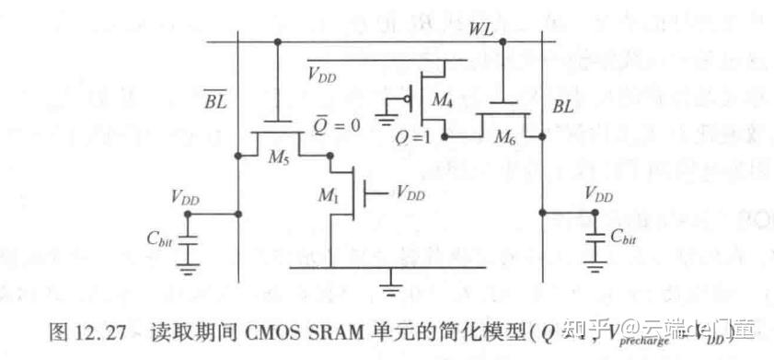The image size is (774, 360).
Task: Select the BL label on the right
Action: point(562,107)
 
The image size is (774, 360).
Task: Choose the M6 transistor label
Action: point(505,138)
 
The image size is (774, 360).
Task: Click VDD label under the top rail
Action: point(322,75)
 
